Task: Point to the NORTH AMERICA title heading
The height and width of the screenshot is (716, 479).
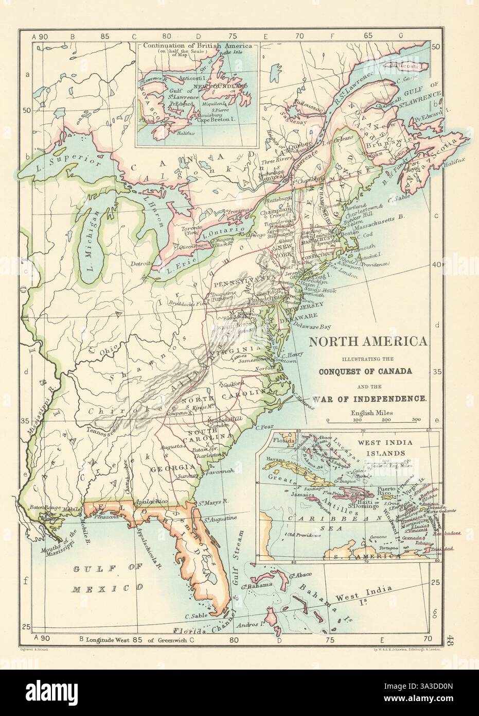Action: pyautogui.click(x=367, y=342)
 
